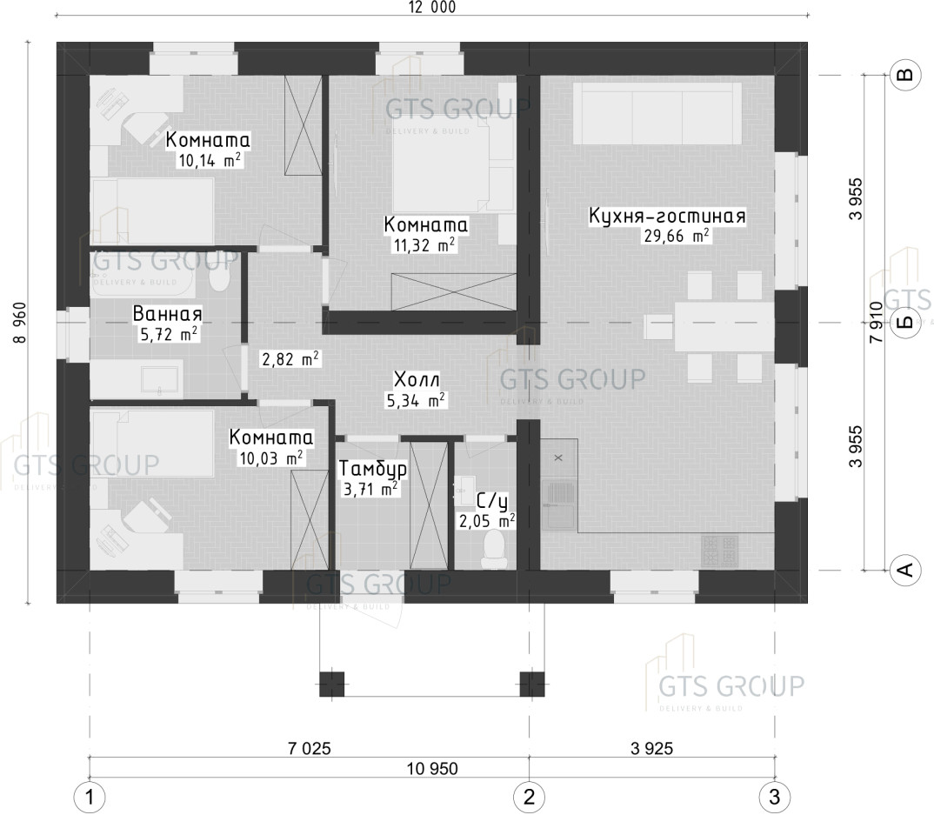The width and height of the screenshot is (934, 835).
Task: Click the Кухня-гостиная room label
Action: point(667,216)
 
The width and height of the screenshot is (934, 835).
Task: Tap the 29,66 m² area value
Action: point(676,235)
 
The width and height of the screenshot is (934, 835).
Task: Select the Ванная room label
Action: point(167,314)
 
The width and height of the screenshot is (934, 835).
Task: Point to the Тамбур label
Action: point(373,469)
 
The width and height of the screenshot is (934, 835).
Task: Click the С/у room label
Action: point(492,502)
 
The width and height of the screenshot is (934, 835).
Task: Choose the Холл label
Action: point(417,379)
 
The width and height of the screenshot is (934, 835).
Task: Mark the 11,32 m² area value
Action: point(424,244)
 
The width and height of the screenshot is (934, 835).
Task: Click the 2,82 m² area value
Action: point(290,359)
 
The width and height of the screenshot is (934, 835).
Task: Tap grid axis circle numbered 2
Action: point(529,797)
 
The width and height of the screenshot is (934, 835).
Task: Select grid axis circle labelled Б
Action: point(904,323)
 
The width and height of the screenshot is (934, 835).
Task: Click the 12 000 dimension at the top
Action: point(432,7)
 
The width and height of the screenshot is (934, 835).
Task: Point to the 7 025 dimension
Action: point(309,748)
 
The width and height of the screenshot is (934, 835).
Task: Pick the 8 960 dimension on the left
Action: point(20,323)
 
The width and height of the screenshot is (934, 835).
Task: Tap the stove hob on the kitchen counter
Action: point(720,551)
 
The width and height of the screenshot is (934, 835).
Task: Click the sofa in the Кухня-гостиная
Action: point(657,113)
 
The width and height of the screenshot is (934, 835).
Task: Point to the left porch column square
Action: point(332,684)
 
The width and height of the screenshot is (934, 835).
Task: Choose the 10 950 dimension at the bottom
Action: point(432,768)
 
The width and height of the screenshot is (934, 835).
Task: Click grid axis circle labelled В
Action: point(904,75)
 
